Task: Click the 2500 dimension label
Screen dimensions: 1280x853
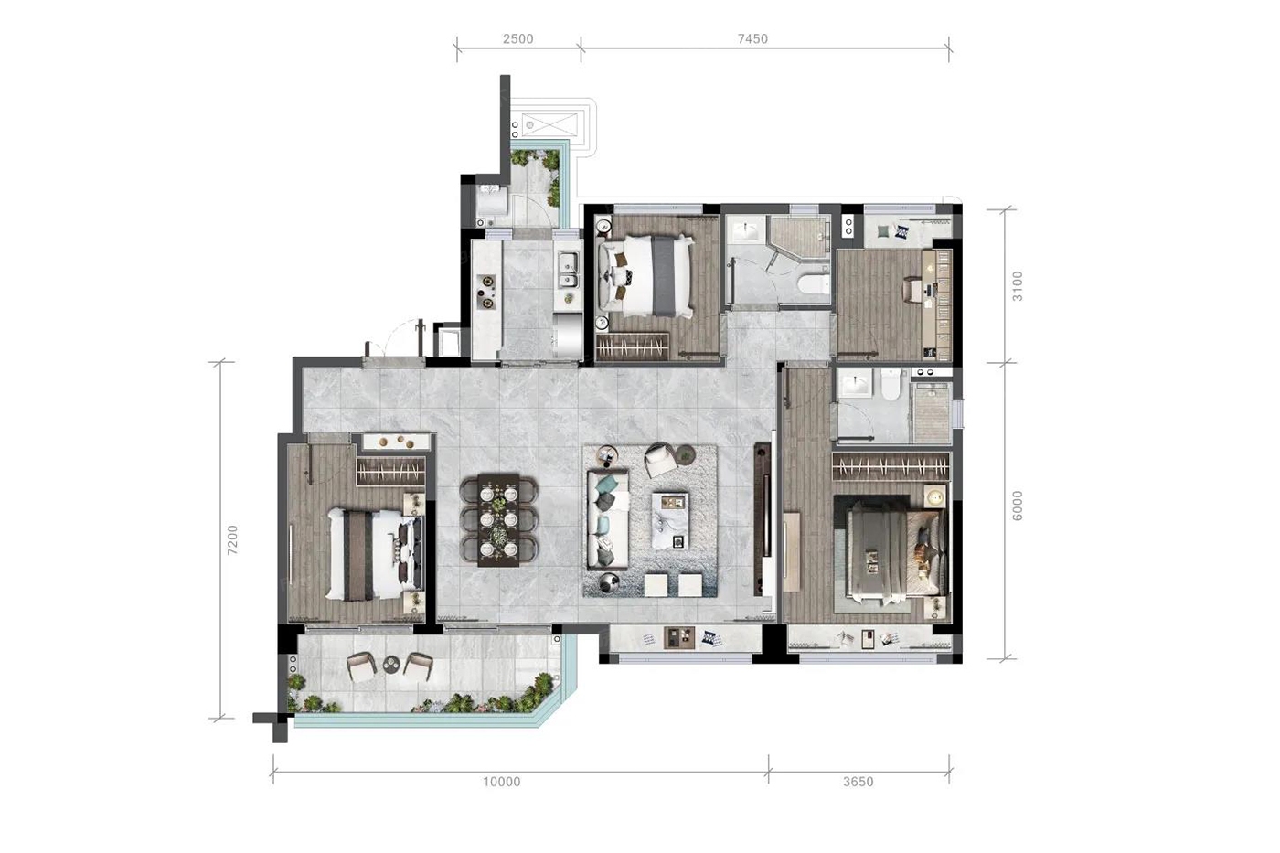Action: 517,38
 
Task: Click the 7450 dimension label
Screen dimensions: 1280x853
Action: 752,38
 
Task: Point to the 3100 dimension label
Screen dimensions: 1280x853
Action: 1018,286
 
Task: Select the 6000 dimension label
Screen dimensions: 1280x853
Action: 1018,506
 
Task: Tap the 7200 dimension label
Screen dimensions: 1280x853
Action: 232,540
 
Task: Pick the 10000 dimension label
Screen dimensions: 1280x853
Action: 502,782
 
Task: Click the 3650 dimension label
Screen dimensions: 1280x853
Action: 859,782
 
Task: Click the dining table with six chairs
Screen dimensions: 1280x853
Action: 499,520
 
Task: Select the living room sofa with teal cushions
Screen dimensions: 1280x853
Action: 607,518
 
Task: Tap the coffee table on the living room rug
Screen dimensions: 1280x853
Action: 670,520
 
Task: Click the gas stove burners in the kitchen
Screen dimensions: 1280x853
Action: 487,292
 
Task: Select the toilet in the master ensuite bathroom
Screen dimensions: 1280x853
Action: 891,383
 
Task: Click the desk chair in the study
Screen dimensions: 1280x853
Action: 912,289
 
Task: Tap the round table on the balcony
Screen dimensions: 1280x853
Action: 391,665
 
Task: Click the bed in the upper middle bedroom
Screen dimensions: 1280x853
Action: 645,276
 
